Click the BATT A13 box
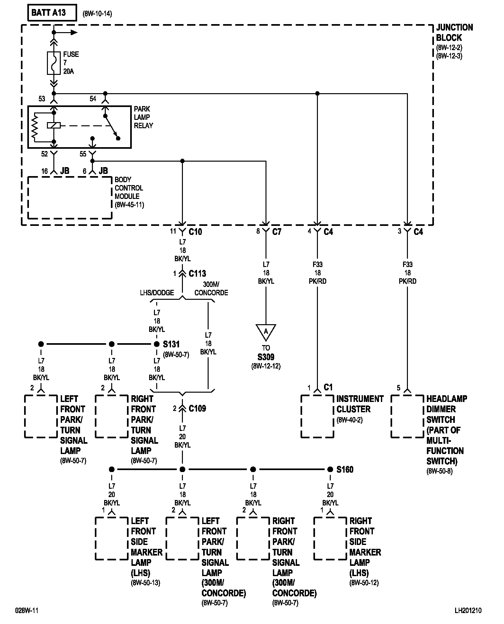(52, 13)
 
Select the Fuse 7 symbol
(54, 63)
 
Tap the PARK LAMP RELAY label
(143, 117)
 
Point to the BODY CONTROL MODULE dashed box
(28, 198)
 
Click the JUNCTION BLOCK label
(454, 32)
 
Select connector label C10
(195, 232)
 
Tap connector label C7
(277, 232)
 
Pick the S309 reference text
(266, 357)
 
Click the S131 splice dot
(157, 344)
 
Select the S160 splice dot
(330, 469)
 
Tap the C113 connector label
(197, 273)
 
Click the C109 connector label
(197, 408)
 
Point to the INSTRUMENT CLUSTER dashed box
(301, 416)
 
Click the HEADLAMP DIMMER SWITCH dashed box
(391, 416)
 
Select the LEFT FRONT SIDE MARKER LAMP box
(95, 538)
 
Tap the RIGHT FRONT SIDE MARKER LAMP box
(314, 538)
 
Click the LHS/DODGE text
(157, 293)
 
